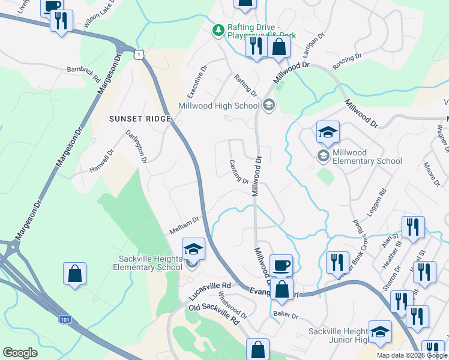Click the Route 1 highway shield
139,55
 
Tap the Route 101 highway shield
64,320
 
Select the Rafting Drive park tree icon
219,29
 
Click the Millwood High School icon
268,106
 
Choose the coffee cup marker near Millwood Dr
281,265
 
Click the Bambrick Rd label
83,75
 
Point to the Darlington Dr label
136,147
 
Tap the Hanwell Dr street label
101,160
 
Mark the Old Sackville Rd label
214,314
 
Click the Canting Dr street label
239,172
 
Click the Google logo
20,353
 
